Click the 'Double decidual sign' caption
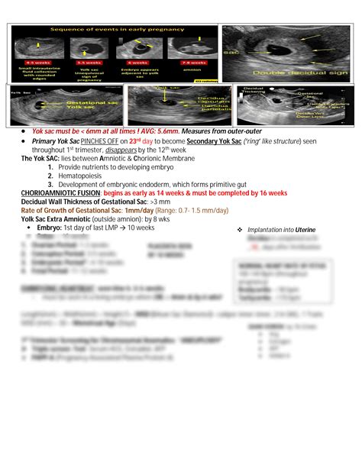(289, 72)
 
